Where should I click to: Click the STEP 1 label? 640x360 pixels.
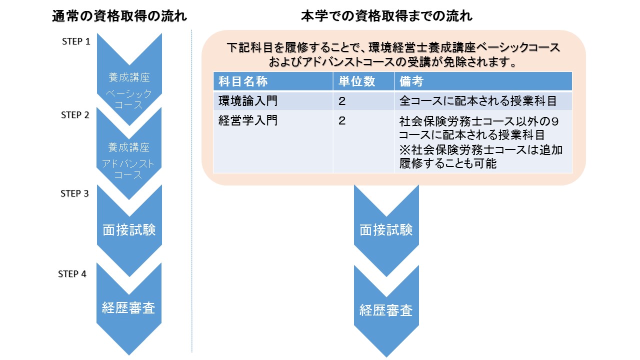point(76,41)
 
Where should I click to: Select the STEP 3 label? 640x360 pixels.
point(75,193)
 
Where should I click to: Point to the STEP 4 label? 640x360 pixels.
point(72,274)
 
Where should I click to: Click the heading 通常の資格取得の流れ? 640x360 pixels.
point(119,16)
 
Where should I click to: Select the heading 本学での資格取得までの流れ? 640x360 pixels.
point(386,16)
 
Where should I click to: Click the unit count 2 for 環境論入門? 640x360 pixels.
point(342,101)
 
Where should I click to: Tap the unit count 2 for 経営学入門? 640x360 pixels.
point(342,121)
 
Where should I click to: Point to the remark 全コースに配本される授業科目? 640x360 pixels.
point(478,101)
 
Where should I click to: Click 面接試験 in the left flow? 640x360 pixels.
point(129,229)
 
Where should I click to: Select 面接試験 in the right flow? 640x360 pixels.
point(386,230)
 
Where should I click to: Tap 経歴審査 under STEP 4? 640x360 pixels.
point(129,308)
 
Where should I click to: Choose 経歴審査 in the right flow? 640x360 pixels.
point(386,310)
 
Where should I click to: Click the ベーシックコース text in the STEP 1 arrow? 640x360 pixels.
point(129,99)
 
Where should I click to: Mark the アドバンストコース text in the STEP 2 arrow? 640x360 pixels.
point(129,169)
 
